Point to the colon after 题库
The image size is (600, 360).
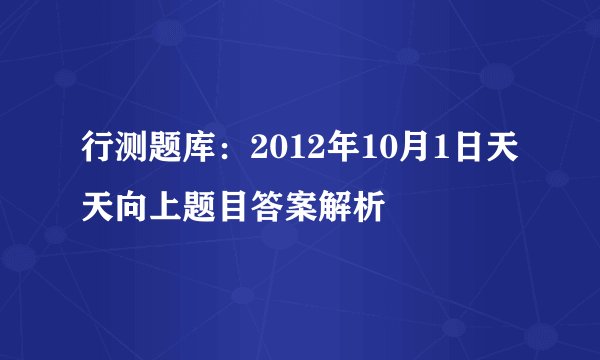point(220,152)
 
